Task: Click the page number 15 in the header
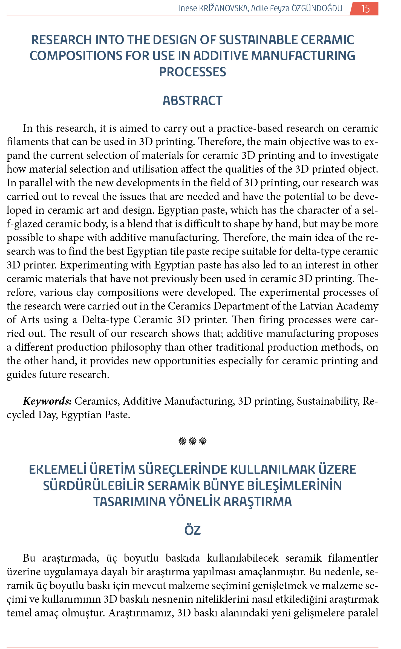point(365,8)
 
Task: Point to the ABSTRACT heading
point(192,101)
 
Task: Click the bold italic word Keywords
point(47,401)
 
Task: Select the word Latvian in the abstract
point(316,306)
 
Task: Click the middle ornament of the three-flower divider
point(193,441)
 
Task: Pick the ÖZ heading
point(192,530)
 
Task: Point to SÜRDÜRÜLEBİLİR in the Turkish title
point(94,486)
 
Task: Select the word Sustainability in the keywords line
point(328,401)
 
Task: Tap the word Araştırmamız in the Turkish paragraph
point(141,613)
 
